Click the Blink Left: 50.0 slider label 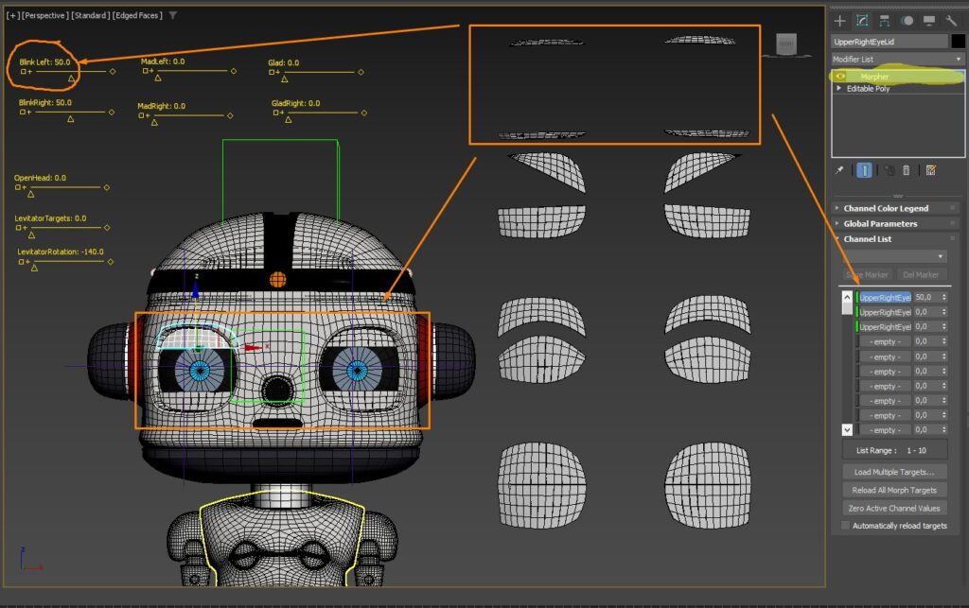[x=45, y=61]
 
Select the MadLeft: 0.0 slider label [x=163, y=61]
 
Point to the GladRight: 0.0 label [x=295, y=103]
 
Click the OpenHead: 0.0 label [x=40, y=178]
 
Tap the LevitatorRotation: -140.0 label [x=61, y=252]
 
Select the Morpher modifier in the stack [x=874, y=76]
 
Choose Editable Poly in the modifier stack [x=868, y=89]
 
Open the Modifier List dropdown [x=897, y=59]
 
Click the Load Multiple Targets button [x=894, y=471]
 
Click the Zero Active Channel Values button [x=894, y=508]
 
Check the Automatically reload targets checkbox [x=846, y=526]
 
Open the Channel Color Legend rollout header [x=886, y=208]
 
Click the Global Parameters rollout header [x=880, y=224]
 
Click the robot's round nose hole [x=276, y=388]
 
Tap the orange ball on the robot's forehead [x=278, y=279]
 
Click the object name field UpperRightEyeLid [x=889, y=42]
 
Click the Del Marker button [x=920, y=275]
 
